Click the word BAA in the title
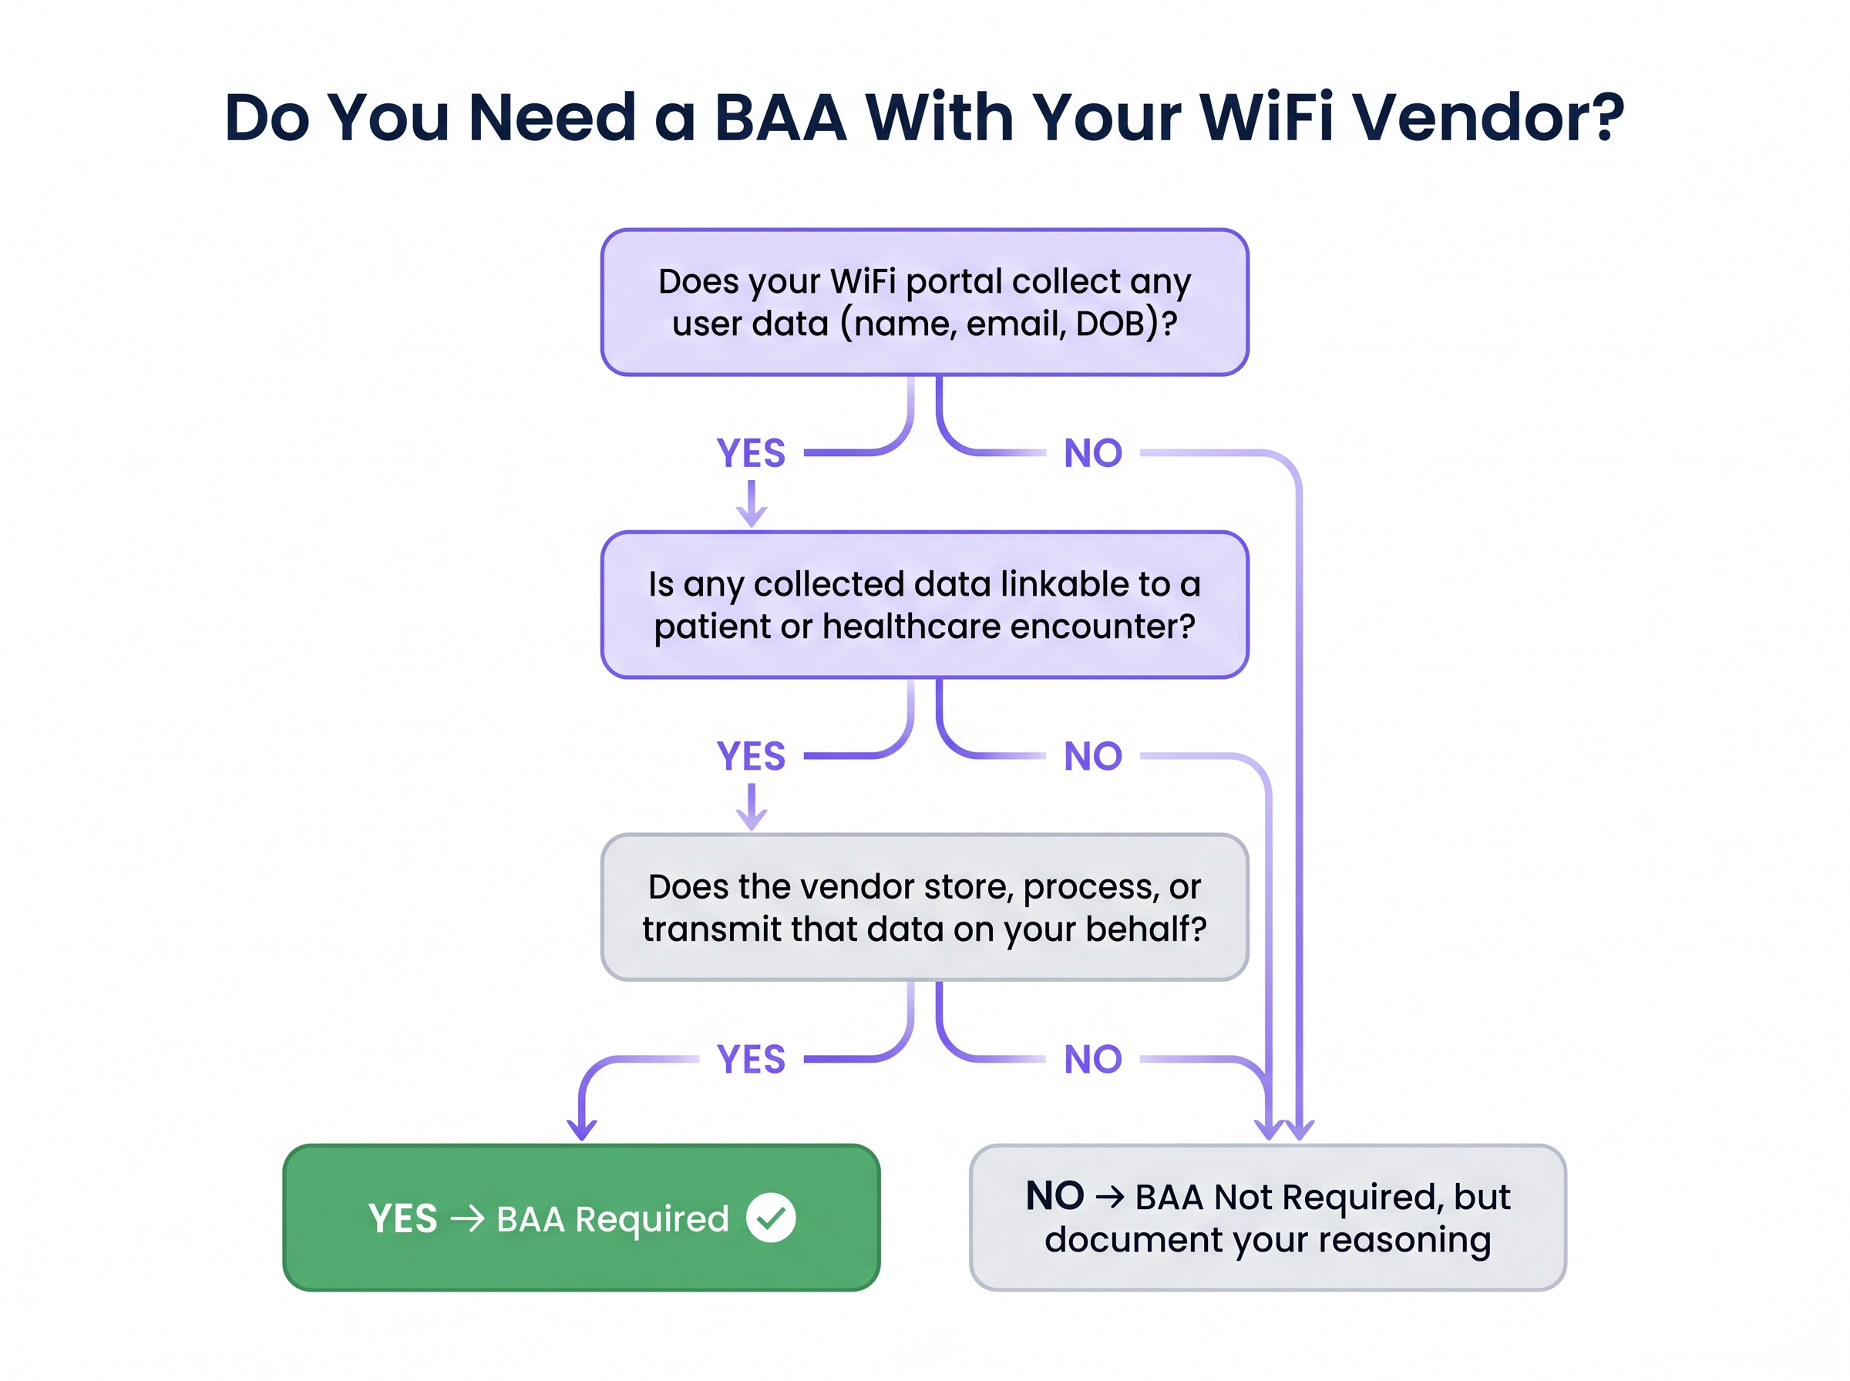coord(780,118)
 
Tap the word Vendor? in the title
coord(1488,118)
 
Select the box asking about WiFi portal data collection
coord(923,302)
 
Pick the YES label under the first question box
coord(751,453)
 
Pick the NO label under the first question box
coord(1092,453)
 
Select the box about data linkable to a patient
coord(923,604)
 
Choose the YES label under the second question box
coord(751,756)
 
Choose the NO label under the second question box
coord(1092,756)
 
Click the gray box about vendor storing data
coord(923,907)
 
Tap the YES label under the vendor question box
coord(751,1059)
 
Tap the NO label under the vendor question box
coord(1092,1059)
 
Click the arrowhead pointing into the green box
coord(582,1131)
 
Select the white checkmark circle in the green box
coord(770,1218)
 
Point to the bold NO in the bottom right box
coord(1054,1196)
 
